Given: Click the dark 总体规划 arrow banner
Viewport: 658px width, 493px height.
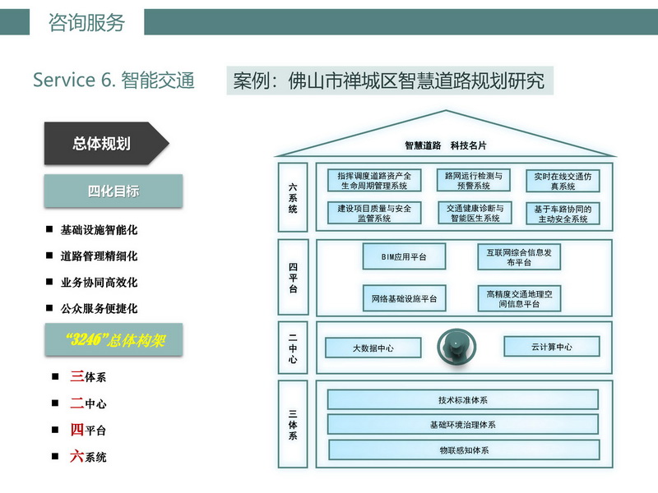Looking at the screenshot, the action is [105, 143].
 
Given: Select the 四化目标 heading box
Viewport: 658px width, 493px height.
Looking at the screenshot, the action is [114, 191].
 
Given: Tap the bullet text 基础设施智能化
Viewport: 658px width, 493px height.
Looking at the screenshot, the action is [99, 230].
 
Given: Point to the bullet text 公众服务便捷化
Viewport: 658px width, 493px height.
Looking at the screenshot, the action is [99, 309].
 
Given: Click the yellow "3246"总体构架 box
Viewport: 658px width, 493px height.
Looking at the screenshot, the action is [114, 339].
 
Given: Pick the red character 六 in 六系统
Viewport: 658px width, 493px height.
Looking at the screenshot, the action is [76, 456].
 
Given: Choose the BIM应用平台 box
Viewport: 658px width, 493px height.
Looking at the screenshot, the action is [404, 256].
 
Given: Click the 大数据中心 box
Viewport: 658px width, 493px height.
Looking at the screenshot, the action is [373, 348].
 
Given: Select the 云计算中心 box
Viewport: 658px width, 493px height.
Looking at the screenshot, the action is [551, 347].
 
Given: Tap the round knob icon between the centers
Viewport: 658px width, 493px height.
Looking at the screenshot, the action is [456, 347].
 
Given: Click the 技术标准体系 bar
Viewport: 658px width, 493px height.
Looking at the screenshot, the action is [463, 400].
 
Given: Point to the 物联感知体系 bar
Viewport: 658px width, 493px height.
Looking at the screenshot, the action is [464, 450].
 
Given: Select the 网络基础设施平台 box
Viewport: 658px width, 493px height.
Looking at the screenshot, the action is [404, 298].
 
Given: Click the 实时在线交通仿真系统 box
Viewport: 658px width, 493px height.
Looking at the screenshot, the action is [563, 181].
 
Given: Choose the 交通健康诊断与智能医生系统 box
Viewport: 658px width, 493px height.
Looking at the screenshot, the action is [475, 213].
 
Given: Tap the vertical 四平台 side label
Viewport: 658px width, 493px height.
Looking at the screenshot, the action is [293, 277].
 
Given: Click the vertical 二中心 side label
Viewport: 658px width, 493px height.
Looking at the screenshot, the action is [293, 348].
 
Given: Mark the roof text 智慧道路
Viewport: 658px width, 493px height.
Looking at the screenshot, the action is [423, 145].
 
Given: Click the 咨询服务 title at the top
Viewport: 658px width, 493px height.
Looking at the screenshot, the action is [86, 22].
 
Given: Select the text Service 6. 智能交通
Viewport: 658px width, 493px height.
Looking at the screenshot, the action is [114, 80].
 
